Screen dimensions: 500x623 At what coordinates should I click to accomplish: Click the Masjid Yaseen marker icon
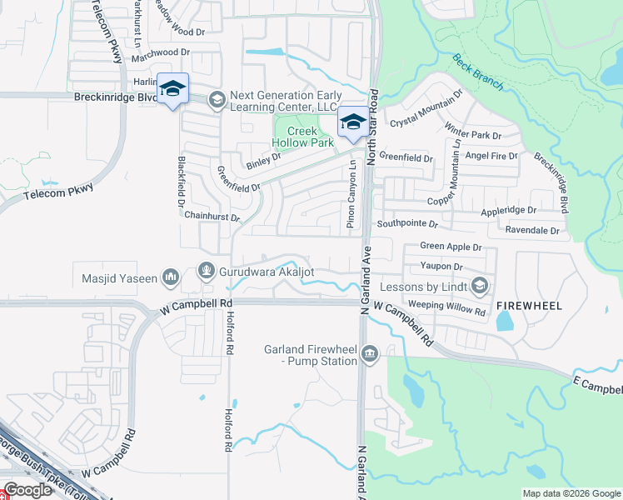coord(171,276)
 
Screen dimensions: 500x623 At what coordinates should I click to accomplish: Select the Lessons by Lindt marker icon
coord(479,287)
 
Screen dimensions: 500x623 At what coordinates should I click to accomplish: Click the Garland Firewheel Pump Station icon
coord(371,355)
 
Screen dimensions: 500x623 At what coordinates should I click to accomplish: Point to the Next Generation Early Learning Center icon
coord(217,101)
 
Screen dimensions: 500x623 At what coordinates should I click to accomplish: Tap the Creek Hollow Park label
coord(309,137)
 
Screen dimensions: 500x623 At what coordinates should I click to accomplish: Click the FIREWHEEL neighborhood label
coord(529,306)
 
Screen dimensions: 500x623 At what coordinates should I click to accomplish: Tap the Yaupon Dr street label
coord(441,267)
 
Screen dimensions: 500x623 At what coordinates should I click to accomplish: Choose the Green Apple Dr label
coord(451,247)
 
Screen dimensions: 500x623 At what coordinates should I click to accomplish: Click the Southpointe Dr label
coord(407,224)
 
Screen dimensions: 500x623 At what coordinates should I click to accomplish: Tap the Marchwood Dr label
coord(162,52)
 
